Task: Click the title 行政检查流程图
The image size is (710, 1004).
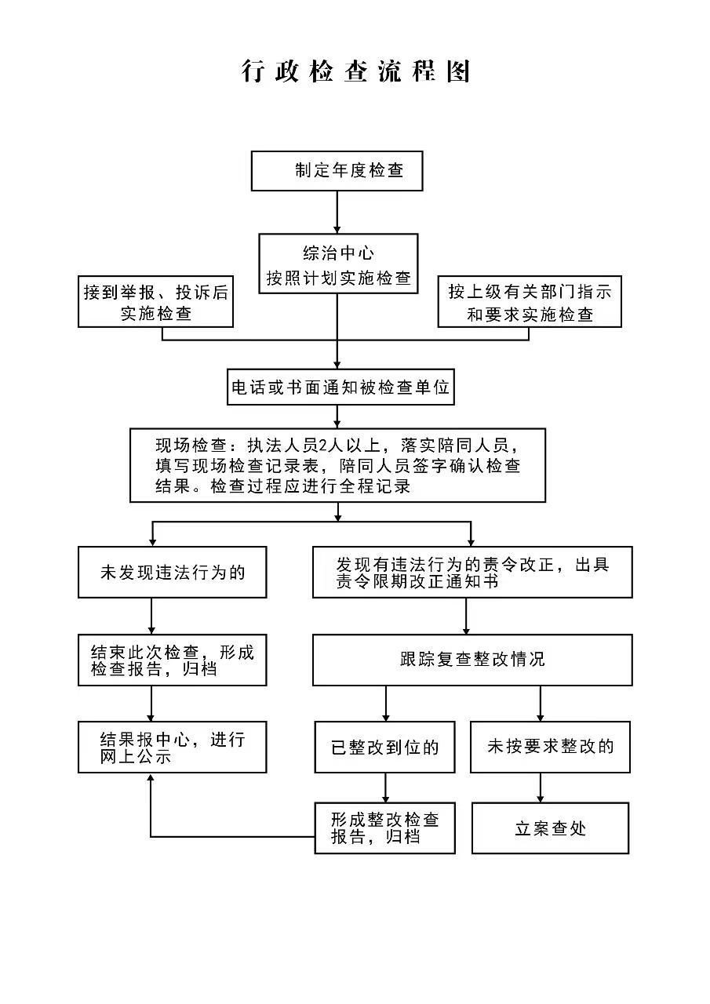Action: (355, 71)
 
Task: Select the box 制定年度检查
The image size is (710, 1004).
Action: (337, 171)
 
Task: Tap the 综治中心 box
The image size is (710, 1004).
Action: (338, 264)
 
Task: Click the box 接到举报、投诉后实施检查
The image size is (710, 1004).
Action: (156, 302)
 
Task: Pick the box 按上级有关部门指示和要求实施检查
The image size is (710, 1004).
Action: (529, 302)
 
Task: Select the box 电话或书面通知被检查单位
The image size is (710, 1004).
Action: (340, 387)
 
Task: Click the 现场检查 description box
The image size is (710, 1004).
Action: (337, 464)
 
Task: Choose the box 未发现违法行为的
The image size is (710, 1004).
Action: (173, 572)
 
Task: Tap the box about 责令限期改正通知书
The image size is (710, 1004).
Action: (472, 572)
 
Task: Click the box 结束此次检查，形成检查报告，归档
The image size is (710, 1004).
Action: (173, 660)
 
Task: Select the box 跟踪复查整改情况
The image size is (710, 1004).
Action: (472, 660)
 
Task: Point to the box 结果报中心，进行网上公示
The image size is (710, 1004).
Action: (173, 747)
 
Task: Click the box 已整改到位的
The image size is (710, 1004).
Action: (384, 747)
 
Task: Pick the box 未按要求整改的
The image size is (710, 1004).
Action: (550, 747)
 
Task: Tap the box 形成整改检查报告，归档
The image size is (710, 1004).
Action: (384, 828)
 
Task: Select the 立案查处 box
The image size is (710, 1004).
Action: (550, 828)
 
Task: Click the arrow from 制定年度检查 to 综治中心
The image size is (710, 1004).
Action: (337, 212)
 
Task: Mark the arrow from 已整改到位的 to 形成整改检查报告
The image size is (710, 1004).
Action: (385, 787)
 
